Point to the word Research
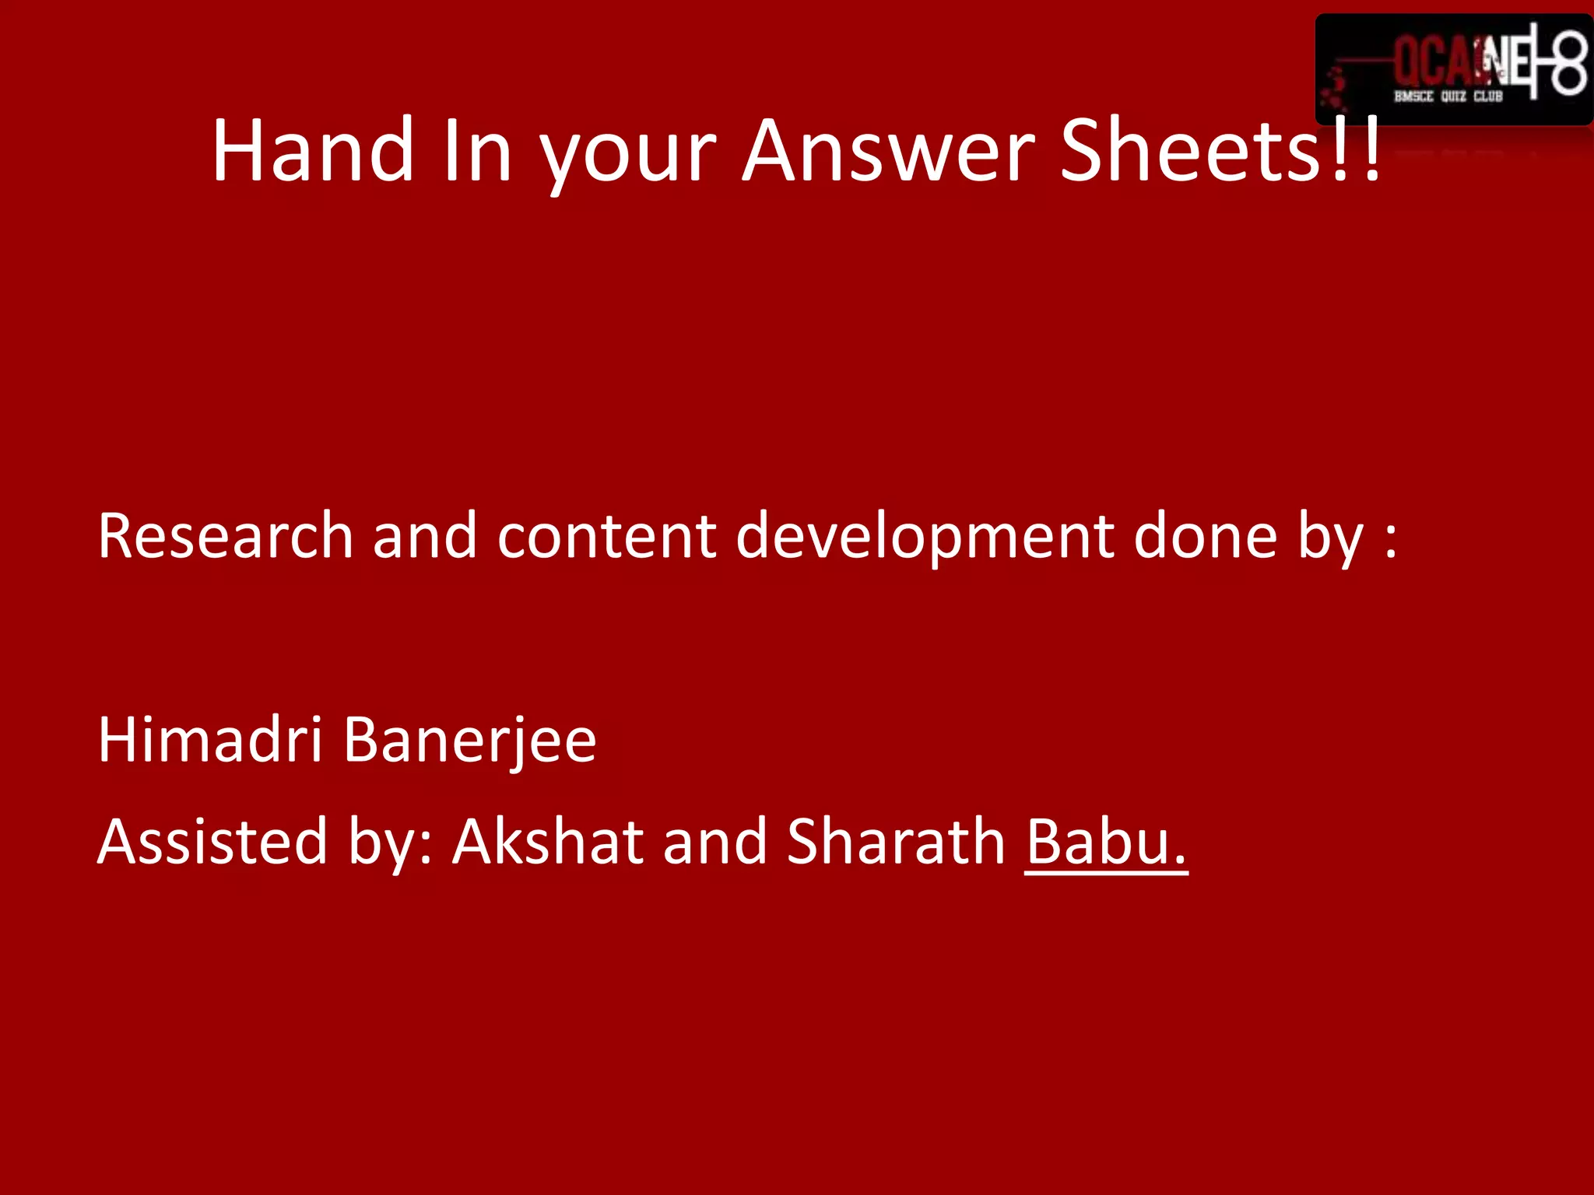coord(226,536)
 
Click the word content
coord(606,536)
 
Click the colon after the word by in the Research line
coord(1391,539)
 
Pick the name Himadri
coord(209,739)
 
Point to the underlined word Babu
coord(1105,843)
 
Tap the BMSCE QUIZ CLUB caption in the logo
coord(1448,96)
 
